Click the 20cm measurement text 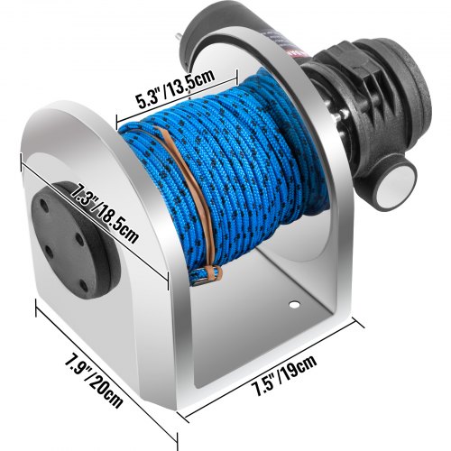click(x=106, y=390)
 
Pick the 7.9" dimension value click(x=77, y=364)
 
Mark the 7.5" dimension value click(x=265, y=385)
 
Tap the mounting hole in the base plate click(x=294, y=305)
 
